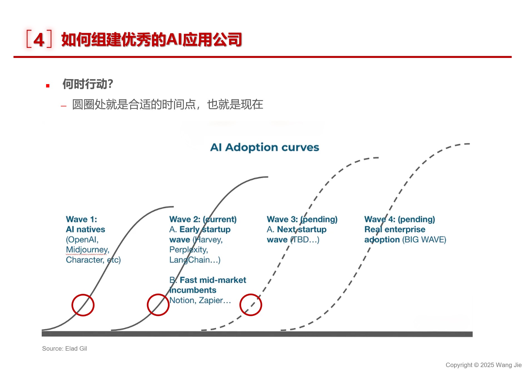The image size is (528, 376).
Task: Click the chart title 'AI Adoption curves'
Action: [x=264, y=147]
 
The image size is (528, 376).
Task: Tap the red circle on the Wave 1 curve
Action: [x=72, y=305]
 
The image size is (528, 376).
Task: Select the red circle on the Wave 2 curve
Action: [x=147, y=305]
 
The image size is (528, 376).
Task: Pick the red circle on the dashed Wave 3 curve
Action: [x=240, y=305]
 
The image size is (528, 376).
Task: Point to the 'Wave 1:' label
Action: [x=81, y=219]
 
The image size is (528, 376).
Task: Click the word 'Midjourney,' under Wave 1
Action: [x=88, y=250]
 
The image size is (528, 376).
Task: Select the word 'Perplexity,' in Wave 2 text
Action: [x=189, y=250]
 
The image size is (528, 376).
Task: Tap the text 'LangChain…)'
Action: [x=195, y=260]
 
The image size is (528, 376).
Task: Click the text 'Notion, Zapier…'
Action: [x=200, y=300]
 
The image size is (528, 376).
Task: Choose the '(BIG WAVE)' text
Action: [x=424, y=240]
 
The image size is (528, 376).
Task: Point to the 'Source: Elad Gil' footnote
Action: [x=65, y=348]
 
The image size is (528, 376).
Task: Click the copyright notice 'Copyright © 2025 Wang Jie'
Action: [x=484, y=365]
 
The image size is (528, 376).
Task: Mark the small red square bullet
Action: [x=48, y=86]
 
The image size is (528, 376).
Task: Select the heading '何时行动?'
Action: [x=88, y=84]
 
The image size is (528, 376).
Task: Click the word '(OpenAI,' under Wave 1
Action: [x=82, y=240]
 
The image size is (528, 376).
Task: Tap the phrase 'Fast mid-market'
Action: [x=213, y=280]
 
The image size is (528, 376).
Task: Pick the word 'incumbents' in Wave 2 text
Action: [x=193, y=290]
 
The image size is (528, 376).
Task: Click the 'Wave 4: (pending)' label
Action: [x=400, y=219]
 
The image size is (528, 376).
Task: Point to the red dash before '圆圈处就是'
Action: [x=64, y=106]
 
